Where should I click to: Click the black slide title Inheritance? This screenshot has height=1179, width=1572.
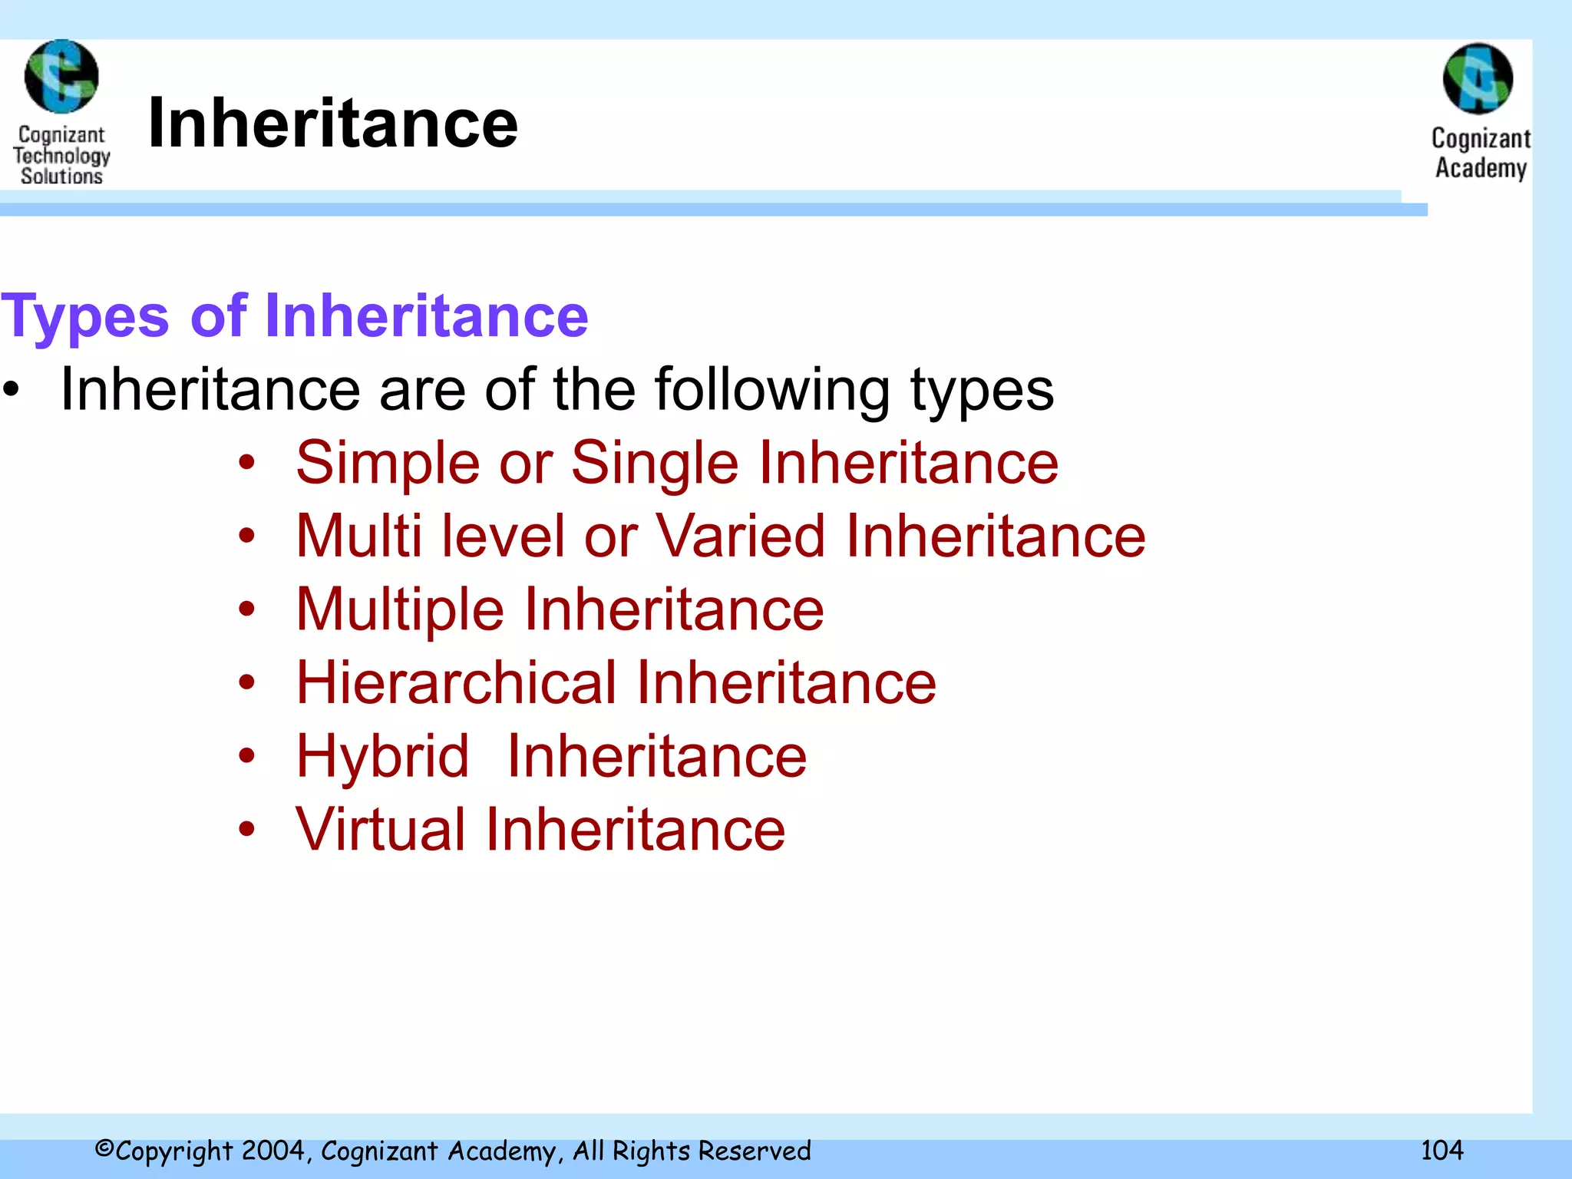pos(332,124)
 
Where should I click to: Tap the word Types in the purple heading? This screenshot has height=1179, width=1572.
pos(84,317)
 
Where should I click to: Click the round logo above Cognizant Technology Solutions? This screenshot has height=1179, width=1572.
pos(61,77)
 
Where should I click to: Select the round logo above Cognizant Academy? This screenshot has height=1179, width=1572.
pos(1478,78)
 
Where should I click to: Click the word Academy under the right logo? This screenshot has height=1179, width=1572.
pos(1481,168)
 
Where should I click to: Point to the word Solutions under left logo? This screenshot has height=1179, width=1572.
pos(61,177)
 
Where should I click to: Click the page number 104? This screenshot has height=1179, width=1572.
pos(1442,1150)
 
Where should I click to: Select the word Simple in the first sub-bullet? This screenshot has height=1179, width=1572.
pos(388,464)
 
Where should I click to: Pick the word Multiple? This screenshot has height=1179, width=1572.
pos(400,611)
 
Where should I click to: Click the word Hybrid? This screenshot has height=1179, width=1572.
pos(382,757)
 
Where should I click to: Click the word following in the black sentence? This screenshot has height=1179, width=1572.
pos(771,391)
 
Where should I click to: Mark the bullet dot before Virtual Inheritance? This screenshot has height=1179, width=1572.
pos(246,829)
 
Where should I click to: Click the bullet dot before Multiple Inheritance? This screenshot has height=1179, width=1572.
pos(246,609)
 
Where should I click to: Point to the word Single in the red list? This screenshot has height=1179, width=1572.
pos(655,464)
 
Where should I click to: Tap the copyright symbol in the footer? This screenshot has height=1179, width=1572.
pos(104,1149)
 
